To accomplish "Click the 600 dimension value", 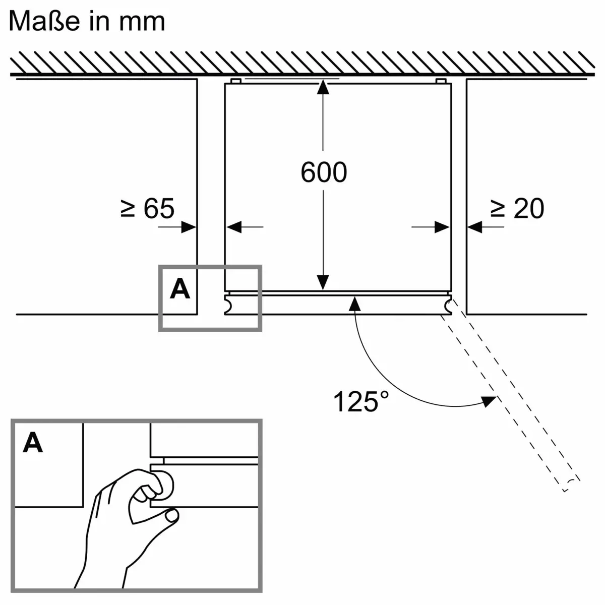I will pos(324,172).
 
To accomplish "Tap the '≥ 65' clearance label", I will pos(147,208).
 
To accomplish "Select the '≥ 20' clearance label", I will pos(517,208).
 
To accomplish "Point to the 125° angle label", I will pos(361,402).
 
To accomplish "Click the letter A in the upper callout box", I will pos(180,289).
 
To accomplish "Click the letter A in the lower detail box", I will pos(33,443).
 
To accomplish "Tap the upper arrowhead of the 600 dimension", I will pos(323,88).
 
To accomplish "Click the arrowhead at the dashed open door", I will pos(488,400).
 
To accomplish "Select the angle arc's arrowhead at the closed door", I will pos(355,303).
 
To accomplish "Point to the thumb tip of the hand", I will pos(172,515).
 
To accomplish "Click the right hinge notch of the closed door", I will pos(448,305).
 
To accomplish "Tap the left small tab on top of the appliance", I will pos(235,81).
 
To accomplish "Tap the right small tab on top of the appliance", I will pos(440,81).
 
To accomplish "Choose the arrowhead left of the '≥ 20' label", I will pos(474,227).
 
